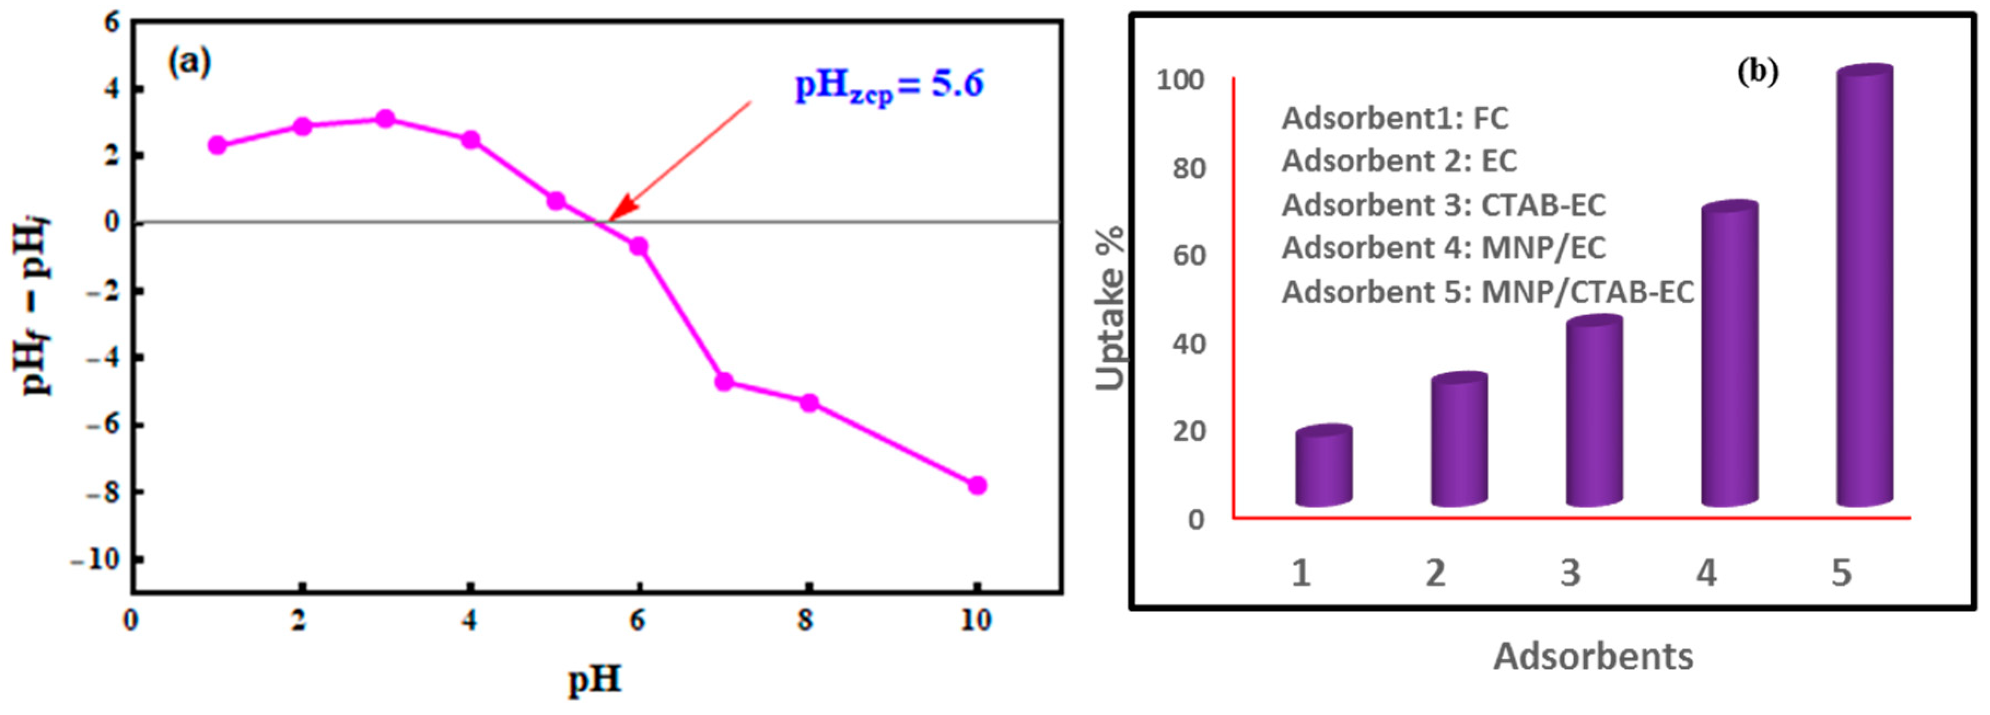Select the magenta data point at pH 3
click(x=385, y=118)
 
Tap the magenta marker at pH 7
click(x=724, y=382)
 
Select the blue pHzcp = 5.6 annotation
click(x=889, y=85)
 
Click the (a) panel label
click(x=189, y=62)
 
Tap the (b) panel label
click(x=1758, y=72)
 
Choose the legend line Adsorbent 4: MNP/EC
click(x=1443, y=248)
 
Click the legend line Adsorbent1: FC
click(x=1395, y=118)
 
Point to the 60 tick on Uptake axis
click(x=1189, y=256)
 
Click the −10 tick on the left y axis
click(x=96, y=559)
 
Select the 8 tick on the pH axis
click(x=806, y=620)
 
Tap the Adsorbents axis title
click(x=1593, y=656)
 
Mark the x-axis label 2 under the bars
click(x=1435, y=573)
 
